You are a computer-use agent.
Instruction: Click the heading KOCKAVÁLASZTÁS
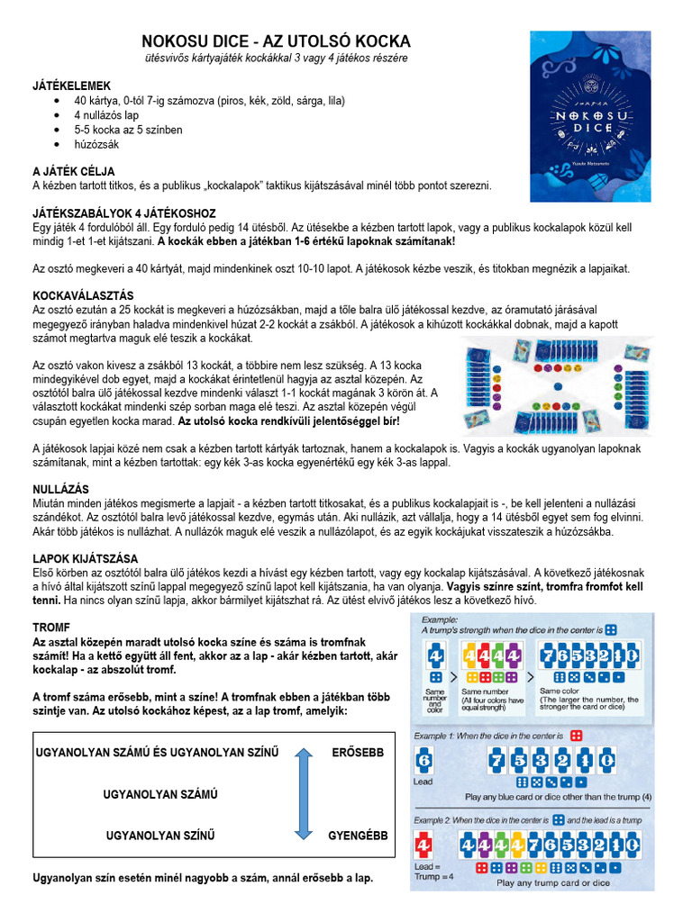[83, 294]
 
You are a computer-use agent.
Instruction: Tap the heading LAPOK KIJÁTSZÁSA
[85, 558]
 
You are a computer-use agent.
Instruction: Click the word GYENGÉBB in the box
[358, 836]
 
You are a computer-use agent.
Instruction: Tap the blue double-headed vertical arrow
[303, 793]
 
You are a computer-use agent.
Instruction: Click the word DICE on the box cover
[590, 128]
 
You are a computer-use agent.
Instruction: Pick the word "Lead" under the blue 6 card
[423, 782]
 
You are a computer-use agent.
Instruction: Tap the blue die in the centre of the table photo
[556, 386]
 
